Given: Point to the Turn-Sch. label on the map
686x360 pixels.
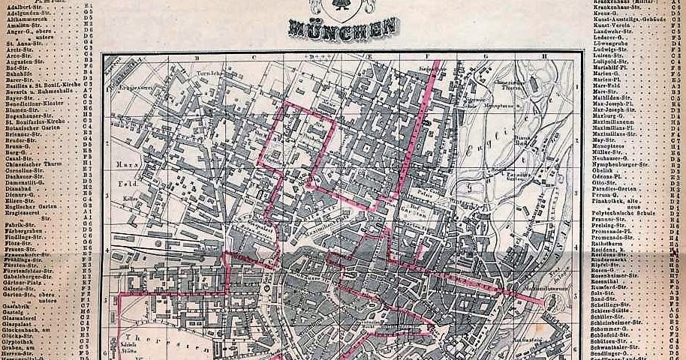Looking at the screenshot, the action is (207, 74).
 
